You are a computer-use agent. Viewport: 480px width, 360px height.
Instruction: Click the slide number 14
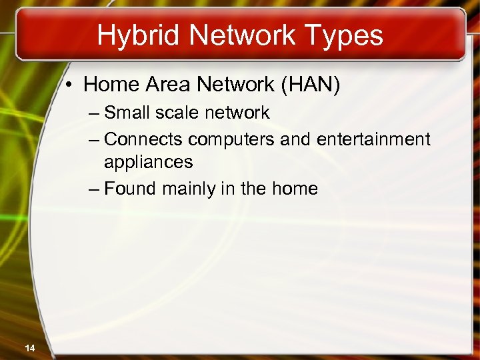[30, 347]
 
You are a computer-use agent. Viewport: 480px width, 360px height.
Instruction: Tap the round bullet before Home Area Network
[70, 85]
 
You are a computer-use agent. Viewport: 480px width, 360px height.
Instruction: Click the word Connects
[144, 139]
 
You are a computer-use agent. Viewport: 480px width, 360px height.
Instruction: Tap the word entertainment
[373, 139]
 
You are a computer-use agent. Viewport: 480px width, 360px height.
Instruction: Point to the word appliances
[148, 162]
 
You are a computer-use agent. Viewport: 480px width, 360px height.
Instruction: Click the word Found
[131, 189]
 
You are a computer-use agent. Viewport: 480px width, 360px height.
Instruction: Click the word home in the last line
[295, 189]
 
